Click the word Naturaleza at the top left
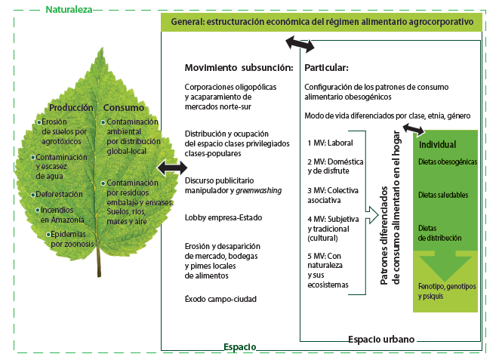[x=69, y=10]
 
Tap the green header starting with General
[x=322, y=23]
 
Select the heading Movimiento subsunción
[x=233, y=68]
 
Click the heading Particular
[x=326, y=68]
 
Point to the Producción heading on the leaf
[x=70, y=107]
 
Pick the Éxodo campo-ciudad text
[x=220, y=300]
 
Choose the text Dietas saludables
[x=443, y=195]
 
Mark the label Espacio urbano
[x=381, y=340]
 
